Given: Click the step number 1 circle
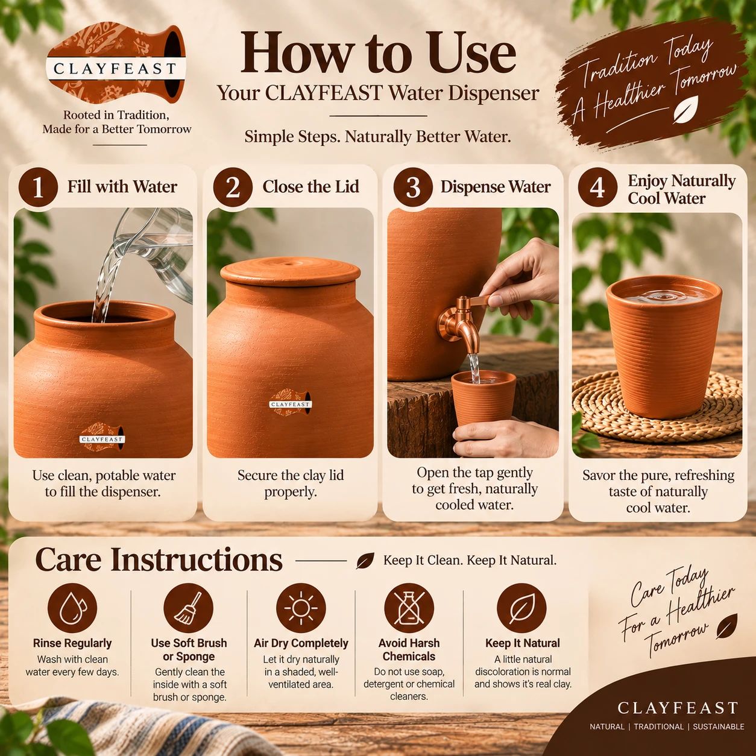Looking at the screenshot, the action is pos(38,187).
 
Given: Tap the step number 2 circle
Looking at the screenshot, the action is pos(233,187).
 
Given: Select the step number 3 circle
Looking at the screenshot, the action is pos(413,187).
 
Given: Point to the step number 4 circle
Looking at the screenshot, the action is pos(597,187).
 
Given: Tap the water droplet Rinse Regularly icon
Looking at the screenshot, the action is pos(72,608).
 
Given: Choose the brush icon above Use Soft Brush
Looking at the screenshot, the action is pos(188,608).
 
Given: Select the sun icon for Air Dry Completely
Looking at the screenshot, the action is pos(301,608).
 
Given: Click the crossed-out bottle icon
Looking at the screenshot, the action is pos(409,608).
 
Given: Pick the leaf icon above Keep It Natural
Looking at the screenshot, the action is pos(522,608).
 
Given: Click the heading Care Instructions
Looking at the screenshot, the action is pos(159,560).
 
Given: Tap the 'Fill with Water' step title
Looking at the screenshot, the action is pos(122,187).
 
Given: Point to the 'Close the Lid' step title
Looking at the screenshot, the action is pos(310,187).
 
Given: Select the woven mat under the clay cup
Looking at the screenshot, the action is pos(657,408).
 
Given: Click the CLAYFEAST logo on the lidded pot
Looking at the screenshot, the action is pos(291,403).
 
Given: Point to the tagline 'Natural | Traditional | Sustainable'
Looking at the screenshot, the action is pos(667,726).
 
